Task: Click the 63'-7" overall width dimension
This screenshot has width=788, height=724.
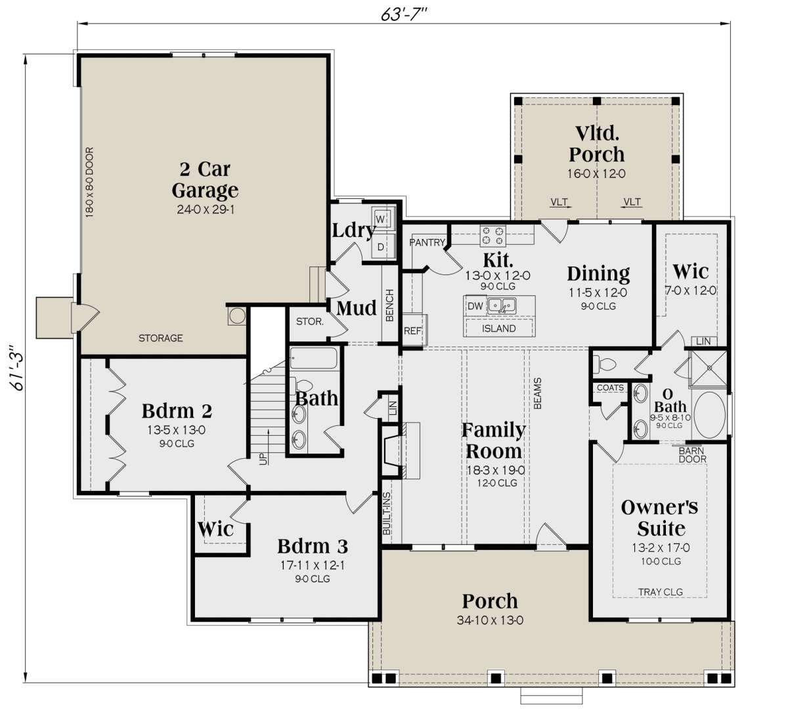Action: (403, 14)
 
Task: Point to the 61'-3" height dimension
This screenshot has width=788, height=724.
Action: (17, 368)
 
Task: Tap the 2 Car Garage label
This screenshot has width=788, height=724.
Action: (205, 180)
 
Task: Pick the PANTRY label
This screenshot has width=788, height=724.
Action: (427, 242)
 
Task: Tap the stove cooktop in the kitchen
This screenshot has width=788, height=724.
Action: (492, 236)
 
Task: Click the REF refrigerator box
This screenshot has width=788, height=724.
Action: (414, 330)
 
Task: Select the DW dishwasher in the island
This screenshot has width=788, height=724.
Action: (475, 306)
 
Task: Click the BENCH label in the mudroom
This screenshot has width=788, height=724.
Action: (389, 305)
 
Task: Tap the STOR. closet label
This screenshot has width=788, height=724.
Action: (310, 322)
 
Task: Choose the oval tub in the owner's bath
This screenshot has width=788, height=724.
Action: (709, 414)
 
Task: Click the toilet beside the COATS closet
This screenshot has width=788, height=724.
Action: (603, 364)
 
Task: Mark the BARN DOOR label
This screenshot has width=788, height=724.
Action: (692, 455)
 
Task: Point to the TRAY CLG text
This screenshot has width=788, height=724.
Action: (661, 591)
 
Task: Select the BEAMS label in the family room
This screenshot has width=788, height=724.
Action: (538, 393)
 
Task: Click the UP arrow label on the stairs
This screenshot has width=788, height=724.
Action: (263, 458)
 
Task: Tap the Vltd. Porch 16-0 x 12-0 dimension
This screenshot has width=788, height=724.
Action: (596, 174)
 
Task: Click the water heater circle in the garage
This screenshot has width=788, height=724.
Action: (237, 316)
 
